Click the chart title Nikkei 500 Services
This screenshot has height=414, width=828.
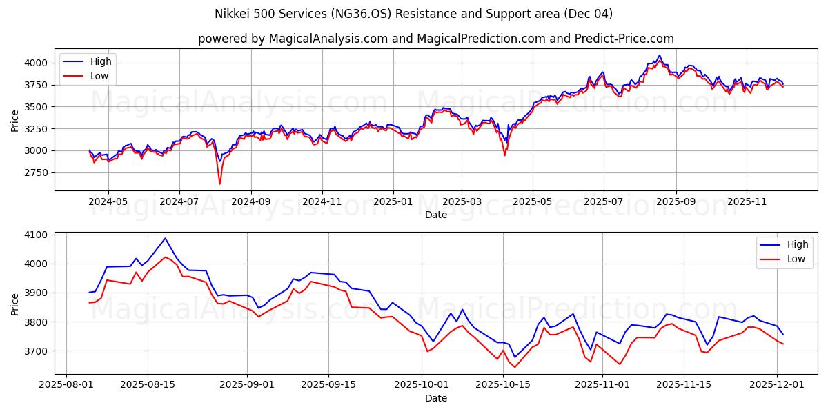tap(413, 14)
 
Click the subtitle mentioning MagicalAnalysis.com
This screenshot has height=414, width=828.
tap(435, 39)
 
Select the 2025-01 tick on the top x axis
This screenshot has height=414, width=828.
tap(393, 202)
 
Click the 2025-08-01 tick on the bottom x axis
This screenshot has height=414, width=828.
tap(66, 385)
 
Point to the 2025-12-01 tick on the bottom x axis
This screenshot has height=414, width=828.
tap(777, 385)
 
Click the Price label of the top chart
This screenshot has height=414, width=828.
tap(15, 119)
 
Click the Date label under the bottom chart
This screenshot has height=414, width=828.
tap(435, 398)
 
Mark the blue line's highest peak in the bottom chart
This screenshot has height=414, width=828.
tap(165, 239)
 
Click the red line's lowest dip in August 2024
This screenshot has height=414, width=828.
tap(219, 184)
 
